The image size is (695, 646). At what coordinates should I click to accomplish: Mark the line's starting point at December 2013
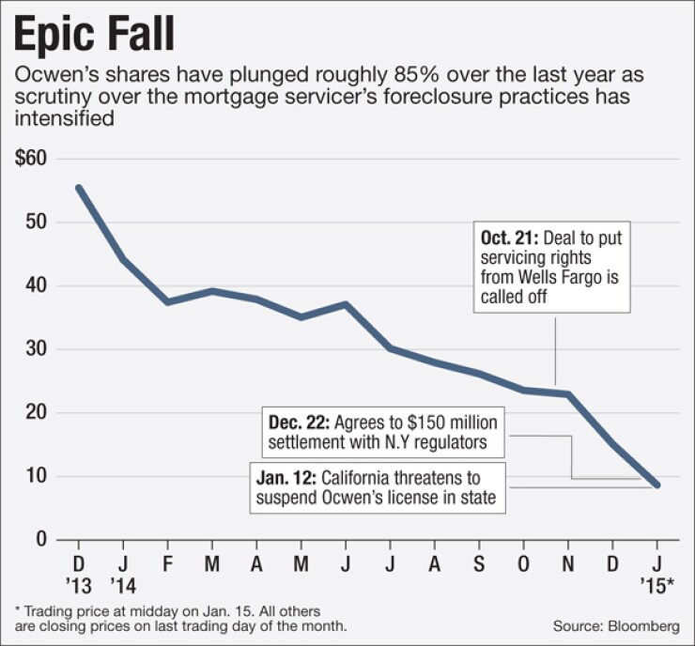click(79, 187)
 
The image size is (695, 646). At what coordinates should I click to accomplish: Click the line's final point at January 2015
click(656, 484)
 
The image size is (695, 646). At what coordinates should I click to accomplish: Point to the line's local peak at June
click(346, 304)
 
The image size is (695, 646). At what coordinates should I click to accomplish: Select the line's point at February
click(167, 301)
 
